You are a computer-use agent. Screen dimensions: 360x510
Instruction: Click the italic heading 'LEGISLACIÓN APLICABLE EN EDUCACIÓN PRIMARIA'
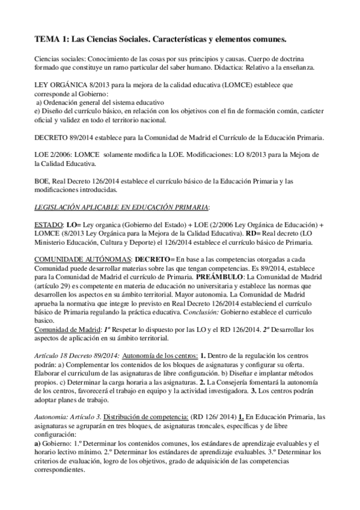click(120, 207)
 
